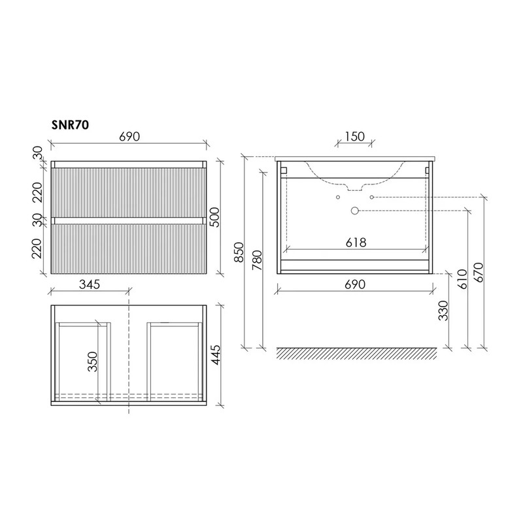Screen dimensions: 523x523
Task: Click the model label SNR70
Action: [70, 125]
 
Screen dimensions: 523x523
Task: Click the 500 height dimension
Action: [215, 217]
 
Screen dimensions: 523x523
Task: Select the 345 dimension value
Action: [90, 284]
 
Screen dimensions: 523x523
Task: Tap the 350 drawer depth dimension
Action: [92, 362]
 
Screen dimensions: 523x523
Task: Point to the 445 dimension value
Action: [216, 355]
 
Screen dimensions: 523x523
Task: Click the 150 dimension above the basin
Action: [354, 137]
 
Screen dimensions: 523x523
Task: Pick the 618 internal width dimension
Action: [356, 243]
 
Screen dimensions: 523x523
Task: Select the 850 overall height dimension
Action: [239, 252]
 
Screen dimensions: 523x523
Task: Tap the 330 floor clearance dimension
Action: [443, 311]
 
